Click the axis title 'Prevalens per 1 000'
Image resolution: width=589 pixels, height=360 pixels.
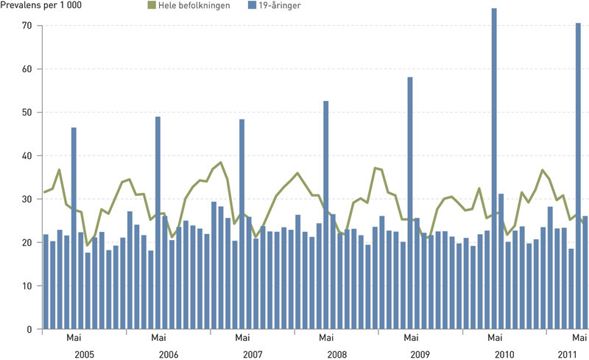tap(41, 6)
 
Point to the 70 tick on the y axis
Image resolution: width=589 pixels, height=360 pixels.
tap(28, 26)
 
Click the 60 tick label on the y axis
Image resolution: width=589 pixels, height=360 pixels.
tap(28, 69)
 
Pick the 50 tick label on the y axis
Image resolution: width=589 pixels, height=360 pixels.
tap(28, 113)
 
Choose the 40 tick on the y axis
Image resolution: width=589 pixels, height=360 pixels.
tap(28, 156)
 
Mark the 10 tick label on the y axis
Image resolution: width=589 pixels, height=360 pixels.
tap(28, 286)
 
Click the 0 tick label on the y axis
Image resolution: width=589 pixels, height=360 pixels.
tap(30, 329)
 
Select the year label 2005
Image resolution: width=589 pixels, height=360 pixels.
tap(84, 354)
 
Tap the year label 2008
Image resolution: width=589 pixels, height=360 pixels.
tap(336, 354)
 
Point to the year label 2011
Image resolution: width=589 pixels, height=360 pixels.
tap(568, 354)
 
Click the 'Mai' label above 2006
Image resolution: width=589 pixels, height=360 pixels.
tap(158, 338)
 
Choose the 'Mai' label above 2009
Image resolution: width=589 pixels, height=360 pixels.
tap(410, 338)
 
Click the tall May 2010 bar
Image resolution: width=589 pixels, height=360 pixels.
tap(494, 169)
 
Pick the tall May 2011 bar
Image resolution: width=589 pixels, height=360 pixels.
tap(578, 177)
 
